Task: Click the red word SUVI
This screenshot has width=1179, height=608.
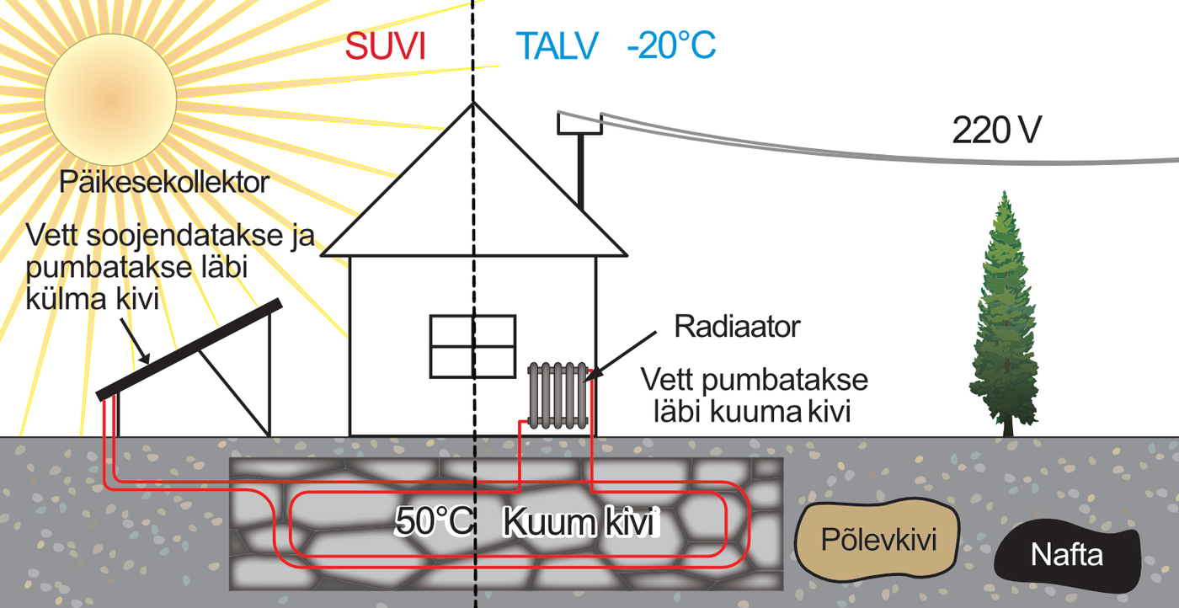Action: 385,47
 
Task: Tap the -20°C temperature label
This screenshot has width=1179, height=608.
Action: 671,47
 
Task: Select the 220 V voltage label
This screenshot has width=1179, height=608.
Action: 996,131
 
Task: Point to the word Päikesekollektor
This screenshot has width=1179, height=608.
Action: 164,182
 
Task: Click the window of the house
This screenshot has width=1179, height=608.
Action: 472,346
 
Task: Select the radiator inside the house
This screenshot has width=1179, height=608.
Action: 557,393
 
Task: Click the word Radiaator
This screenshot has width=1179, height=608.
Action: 737,327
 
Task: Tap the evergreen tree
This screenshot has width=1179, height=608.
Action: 1005,320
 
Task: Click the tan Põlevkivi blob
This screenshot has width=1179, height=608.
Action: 878,540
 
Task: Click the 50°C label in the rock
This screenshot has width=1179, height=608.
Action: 435,523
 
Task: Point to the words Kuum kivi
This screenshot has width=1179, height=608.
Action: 579,523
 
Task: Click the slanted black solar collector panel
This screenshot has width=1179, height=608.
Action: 189,349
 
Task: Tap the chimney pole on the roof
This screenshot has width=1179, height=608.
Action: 581,173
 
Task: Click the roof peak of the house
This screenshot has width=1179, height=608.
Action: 473,105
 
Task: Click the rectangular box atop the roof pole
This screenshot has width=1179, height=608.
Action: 579,123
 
